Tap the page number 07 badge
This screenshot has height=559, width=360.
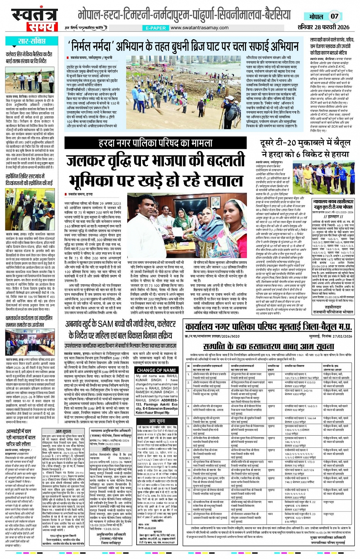pos(334,16)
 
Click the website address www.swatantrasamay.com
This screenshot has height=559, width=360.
pos(200,28)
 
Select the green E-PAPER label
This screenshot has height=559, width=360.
pos(156,28)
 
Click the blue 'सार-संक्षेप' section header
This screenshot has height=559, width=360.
pos(32,41)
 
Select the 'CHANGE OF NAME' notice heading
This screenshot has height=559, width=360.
pos(156,370)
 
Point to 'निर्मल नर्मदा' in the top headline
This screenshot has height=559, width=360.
pos(94,46)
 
